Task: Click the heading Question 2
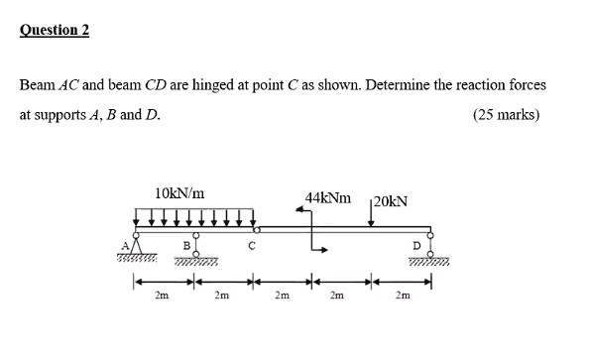(x=55, y=30)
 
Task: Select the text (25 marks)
(x=506, y=114)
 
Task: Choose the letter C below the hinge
(x=253, y=245)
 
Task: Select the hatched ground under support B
(x=197, y=263)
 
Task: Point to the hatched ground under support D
(x=429, y=263)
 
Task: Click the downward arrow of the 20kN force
(x=371, y=216)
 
